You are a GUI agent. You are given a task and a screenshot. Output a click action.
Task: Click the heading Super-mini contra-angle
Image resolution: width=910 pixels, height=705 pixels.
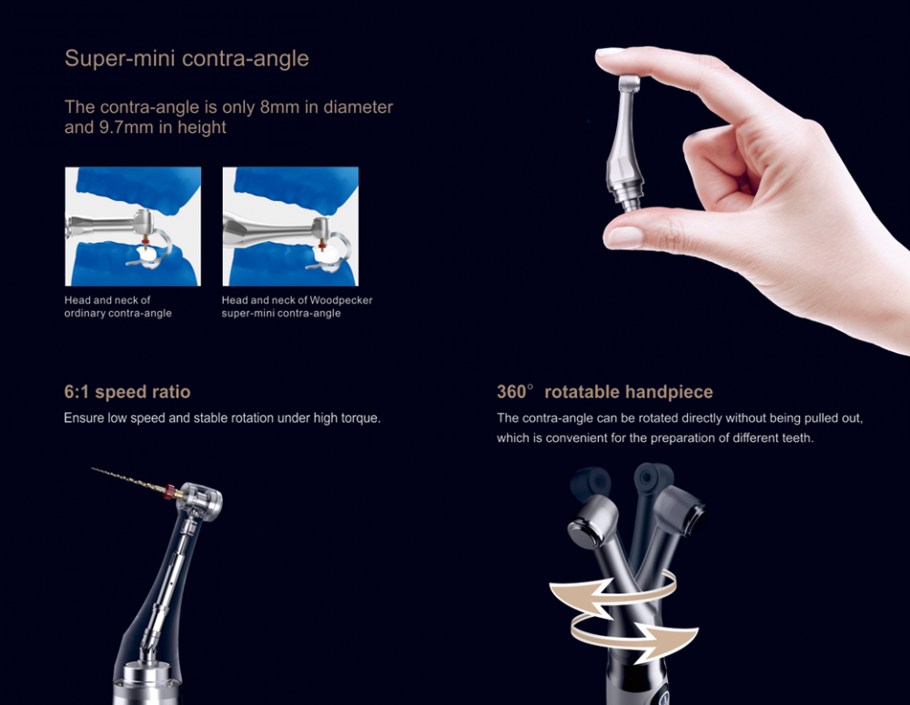coord(187,59)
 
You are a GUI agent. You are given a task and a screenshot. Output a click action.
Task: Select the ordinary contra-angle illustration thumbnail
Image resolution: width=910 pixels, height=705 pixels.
coord(133,227)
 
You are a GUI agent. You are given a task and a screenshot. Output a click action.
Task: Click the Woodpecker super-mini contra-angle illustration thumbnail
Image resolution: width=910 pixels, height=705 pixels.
coord(290,227)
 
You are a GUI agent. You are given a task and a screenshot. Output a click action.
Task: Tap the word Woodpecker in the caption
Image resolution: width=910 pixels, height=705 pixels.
coord(341,300)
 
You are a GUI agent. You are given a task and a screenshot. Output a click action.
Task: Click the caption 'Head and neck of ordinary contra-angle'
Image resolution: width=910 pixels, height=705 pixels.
coord(118,307)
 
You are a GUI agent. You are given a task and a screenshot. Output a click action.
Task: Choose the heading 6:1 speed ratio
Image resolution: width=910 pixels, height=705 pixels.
coord(127,392)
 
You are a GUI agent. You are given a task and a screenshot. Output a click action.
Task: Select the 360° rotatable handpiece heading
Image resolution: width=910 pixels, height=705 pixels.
coord(604,392)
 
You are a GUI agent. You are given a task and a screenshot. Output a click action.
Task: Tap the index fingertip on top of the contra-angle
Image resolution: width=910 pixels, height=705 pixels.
coord(628,59)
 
